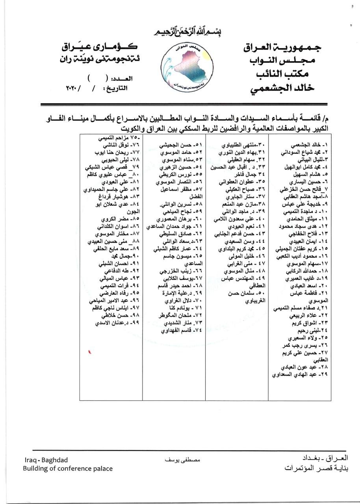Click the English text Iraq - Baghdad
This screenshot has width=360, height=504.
tap(46, 460)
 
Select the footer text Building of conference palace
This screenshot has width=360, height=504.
tap(68, 469)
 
